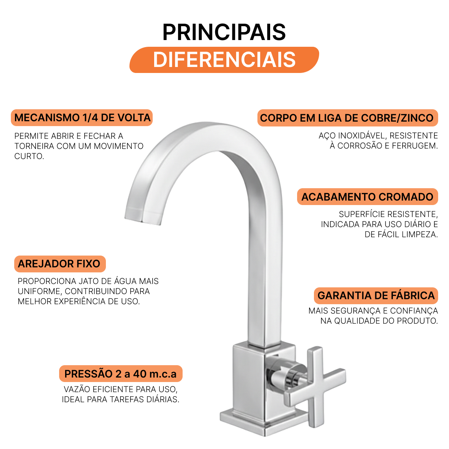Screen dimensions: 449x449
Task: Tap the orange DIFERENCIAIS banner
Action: [x=224, y=60]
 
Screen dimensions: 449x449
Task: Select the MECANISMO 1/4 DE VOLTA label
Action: [x=82, y=117]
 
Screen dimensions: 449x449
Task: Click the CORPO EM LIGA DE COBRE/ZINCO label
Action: [x=347, y=118]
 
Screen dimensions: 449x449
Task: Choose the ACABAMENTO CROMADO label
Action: [x=367, y=197]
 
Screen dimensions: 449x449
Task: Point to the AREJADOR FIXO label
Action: [x=60, y=264]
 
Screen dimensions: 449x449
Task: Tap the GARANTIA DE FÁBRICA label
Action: [x=376, y=296]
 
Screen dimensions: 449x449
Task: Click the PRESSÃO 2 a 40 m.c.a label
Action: [x=121, y=373]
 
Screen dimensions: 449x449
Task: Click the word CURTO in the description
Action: [x=29, y=156]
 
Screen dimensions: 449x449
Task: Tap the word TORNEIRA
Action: [x=34, y=146]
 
